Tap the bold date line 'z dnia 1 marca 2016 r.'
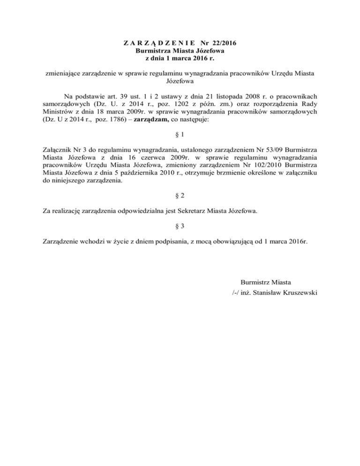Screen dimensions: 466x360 [180, 59]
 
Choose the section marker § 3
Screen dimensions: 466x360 [180, 225]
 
